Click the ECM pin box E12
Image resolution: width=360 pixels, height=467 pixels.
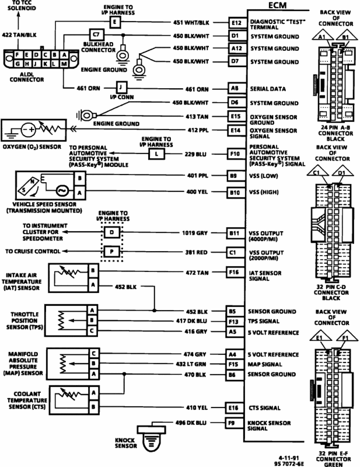(237, 23)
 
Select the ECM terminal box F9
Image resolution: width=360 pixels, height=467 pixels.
(234, 423)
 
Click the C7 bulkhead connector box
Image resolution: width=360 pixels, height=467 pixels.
(96, 34)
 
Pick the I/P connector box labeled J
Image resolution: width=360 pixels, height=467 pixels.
(121, 88)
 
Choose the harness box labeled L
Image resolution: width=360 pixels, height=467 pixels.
(156, 154)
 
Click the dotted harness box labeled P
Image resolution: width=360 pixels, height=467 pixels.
(111, 252)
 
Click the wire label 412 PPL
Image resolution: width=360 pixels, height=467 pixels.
(198, 130)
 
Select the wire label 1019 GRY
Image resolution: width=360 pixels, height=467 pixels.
(195, 233)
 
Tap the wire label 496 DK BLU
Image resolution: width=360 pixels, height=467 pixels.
(191, 423)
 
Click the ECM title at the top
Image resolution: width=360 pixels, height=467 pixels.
(278, 5)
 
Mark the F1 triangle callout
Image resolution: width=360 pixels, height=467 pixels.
(345, 337)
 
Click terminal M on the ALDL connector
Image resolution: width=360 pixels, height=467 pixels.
(64, 64)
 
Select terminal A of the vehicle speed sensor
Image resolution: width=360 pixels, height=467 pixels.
(79, 193)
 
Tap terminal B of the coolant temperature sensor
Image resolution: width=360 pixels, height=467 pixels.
(93, 407)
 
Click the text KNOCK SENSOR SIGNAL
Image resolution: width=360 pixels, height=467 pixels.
(269, 426)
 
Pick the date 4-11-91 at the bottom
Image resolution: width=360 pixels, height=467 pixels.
(289, 458)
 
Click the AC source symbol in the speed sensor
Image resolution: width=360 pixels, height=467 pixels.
(62, 191)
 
